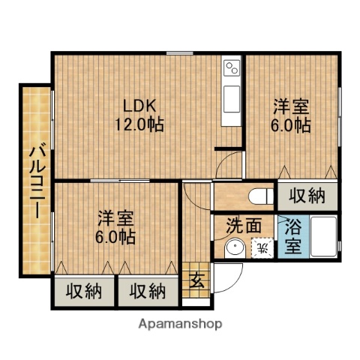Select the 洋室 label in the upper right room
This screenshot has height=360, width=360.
tap(289, 107)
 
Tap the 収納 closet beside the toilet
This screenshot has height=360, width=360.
tap(307, 196)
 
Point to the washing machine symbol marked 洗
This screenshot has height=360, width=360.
tap(262, 245)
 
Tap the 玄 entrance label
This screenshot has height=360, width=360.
tap(196, 283)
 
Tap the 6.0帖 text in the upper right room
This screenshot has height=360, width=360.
tap(290, 125)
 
